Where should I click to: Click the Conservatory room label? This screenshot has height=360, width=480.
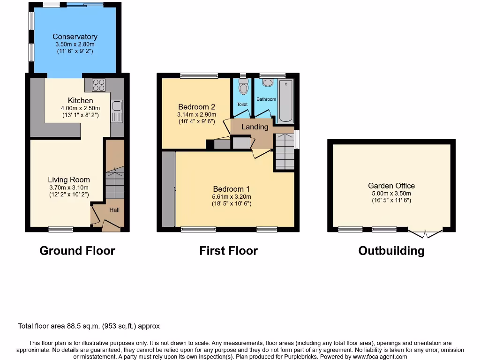[75, 37]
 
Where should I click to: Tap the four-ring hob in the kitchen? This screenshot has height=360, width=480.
[98, 85]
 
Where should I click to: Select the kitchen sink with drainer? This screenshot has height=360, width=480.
[117, 112]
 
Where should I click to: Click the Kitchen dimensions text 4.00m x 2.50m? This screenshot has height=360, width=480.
[80, 108]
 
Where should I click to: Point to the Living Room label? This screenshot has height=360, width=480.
[69, 180]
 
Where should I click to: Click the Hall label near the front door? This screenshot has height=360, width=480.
[114, 210]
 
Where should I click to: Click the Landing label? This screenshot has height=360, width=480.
[255, 127]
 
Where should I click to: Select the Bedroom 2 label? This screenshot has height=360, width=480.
[196, 106]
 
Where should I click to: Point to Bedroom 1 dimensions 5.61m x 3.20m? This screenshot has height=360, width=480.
[232, 197]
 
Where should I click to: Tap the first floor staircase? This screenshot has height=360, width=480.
[284, 151]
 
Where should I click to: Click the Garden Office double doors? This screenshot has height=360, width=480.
[425, 233]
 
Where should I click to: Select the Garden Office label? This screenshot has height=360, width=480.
[391, 186]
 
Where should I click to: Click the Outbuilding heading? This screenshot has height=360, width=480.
[391, 251]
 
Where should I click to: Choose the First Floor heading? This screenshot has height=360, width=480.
[228, 251]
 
